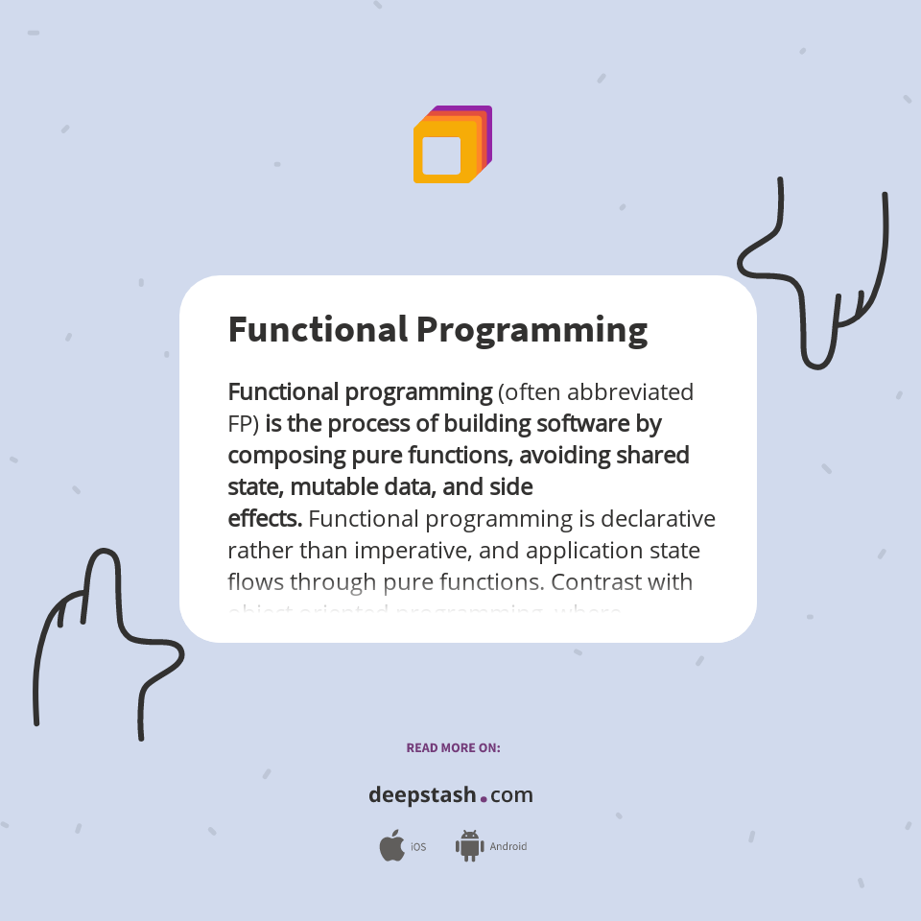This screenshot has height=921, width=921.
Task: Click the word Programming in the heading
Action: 531,330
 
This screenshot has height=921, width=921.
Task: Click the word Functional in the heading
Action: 318,329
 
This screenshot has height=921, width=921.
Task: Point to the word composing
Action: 281,455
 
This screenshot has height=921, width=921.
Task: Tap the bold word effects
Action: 264,519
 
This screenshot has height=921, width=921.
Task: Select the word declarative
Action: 658,519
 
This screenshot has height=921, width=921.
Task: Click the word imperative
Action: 411,551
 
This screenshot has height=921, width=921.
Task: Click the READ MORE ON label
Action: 453,747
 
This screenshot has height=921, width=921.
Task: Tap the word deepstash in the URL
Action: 422,795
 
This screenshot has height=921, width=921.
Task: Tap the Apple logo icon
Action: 391,846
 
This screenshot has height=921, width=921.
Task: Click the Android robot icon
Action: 469,846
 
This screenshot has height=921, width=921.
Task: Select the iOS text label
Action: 418,847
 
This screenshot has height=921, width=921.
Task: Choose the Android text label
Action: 508,847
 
